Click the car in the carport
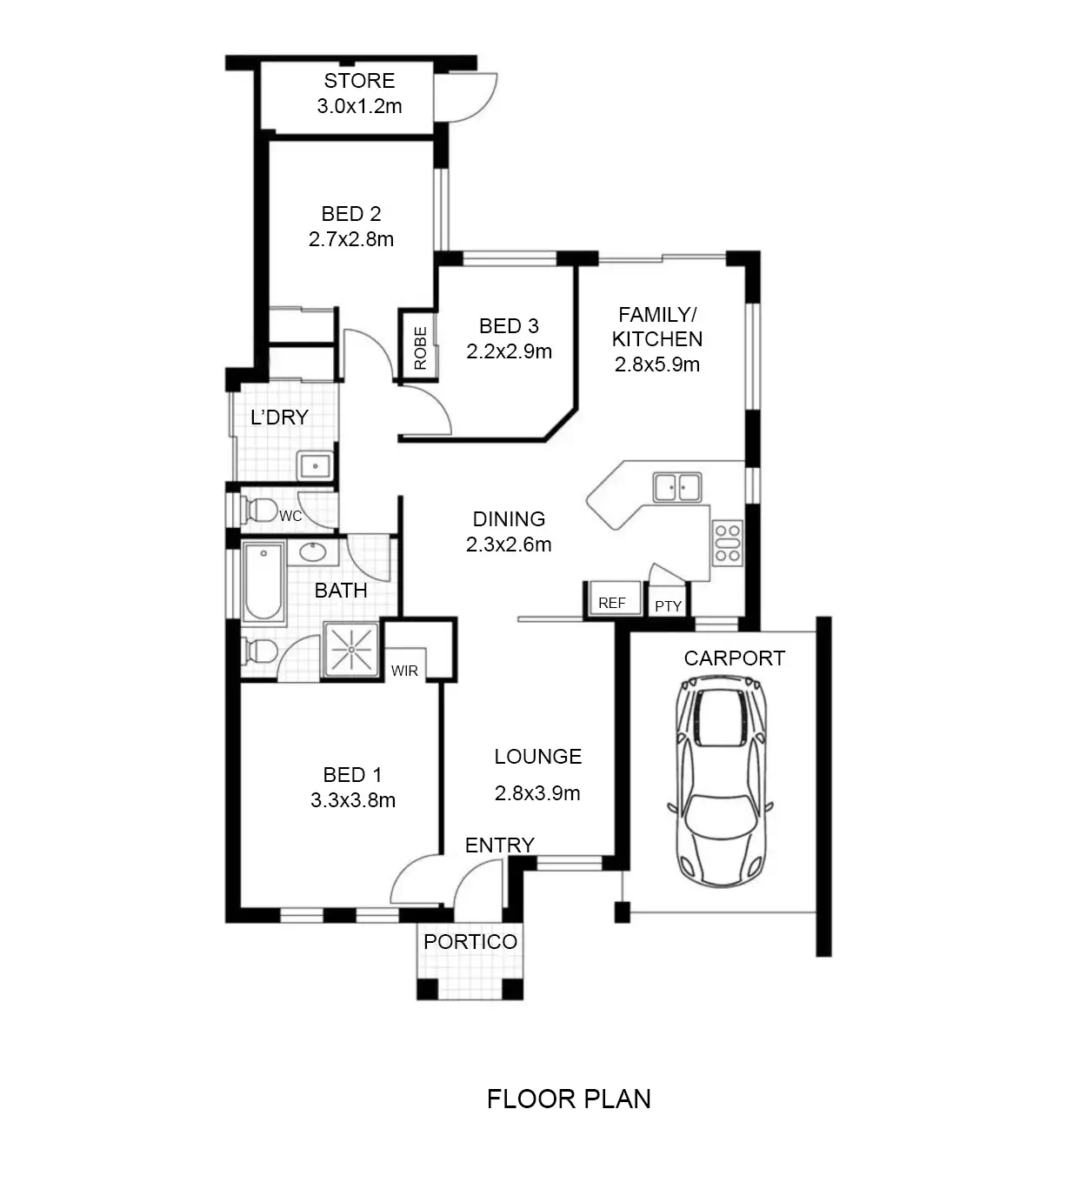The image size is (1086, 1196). (x=719, y=780)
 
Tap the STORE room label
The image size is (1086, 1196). (x=359, y=81)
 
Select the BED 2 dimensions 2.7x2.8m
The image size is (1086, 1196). (x=351, y=239)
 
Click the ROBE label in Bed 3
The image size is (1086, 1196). (x=420, y=348)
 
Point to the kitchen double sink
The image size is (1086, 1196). (x=677, y=487)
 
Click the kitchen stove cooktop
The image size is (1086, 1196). (x=728, y=543)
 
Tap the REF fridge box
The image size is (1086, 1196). (x=612, y=598)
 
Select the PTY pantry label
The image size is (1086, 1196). (x=668, y=606)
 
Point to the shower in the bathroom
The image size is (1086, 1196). (x=351, y=650)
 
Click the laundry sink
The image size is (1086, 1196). (x=316, y=465)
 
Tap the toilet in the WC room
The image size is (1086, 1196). (x=259, y=511)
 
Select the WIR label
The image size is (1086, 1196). (x=404, y=671)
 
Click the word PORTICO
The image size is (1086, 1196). (x=470, y=941)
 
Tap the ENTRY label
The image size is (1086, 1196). (x=499, y=845)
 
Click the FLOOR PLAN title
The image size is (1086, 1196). (x=569, y=1099)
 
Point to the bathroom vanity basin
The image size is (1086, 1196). (x=312, y=552)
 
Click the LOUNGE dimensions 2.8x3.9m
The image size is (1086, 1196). (x=537, y=793)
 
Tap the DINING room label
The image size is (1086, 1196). (x=509, y=518)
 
